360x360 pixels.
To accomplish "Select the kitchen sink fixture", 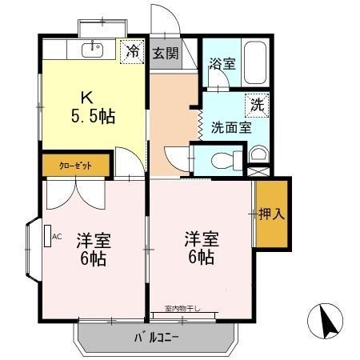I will (x=92, y=50).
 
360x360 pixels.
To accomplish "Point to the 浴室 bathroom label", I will (x=222, y=63).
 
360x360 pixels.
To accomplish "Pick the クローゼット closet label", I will (x=75, y=165).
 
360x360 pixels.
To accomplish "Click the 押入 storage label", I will (x=272, y=214).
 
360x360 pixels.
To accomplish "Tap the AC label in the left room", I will (x=56, y=237).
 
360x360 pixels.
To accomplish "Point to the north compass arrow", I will (x=327, y=322).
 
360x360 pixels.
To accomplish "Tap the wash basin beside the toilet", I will (x=258, y=155).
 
